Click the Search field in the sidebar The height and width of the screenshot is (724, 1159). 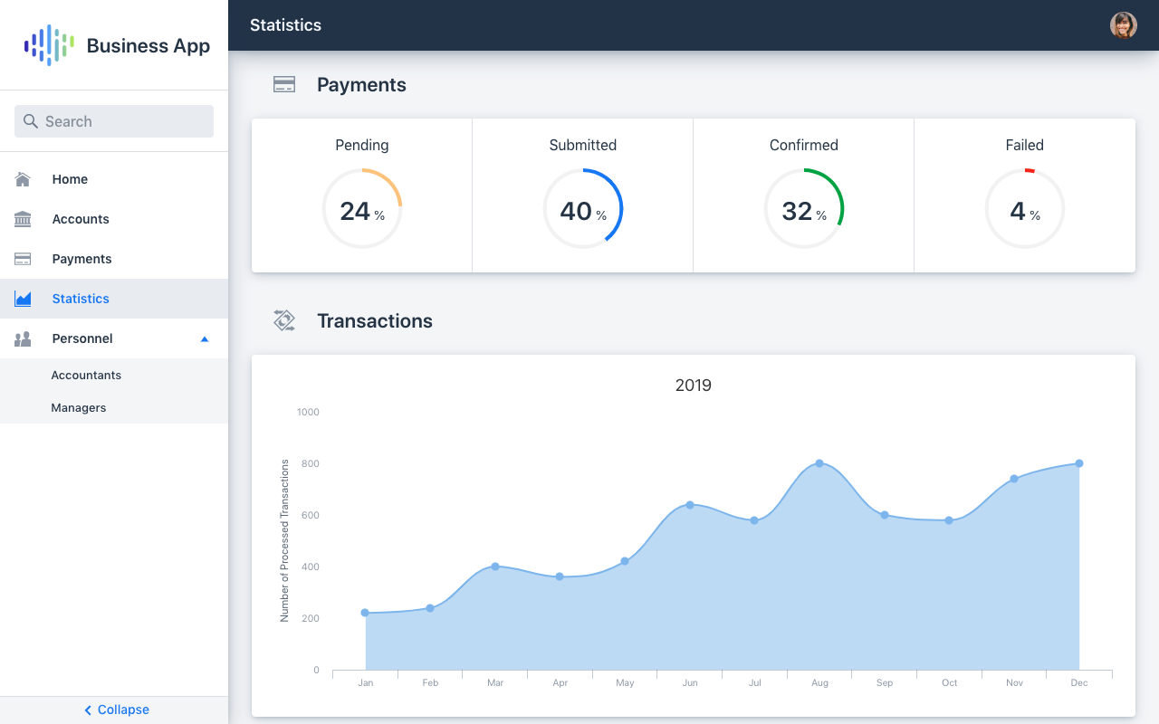pyautogui.click(x=114, y=121)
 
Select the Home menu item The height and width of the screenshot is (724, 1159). pyautogui.click(x=70, y=179)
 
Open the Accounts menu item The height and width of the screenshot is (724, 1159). pyautogui.click(x=80, y=219)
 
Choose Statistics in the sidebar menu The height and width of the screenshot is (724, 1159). pyautogui.click(x=81, y=299)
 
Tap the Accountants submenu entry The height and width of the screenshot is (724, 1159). pyautogui.click(x=86, y=375)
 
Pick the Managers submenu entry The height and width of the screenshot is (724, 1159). pyautogui.click(x=79, y=407)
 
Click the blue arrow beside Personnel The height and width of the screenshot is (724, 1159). pyautogui.click(x=205, y=338)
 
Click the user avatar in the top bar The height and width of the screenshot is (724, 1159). pyautogui.click(x=1124, y=25)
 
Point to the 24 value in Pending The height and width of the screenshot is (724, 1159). pyautogui.click(x=355, y=211)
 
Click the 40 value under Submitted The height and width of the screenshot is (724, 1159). pyautogui.click(x=576, y=211)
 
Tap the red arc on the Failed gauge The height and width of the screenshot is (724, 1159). pyautogui.click(x=1030, y=170)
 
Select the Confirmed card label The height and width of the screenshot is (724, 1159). pyautogui.click(x=804, y=145)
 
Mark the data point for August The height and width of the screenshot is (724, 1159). pyautogui.click(x=819, y=463)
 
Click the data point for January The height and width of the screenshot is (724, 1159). pyautogui.click(x=365, y=613)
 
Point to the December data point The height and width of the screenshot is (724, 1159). pyautogui.click(x=1079, y=463)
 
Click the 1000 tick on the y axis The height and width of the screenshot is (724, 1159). pyautogui.click(x=308, y=412)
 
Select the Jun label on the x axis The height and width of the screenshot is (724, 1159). pyautogui.click(x=690, y=682)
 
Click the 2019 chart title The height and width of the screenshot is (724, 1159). pyautogui.click(x=694, y=385)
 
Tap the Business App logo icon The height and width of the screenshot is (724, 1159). pyautogui.click(x=49, y=45)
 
